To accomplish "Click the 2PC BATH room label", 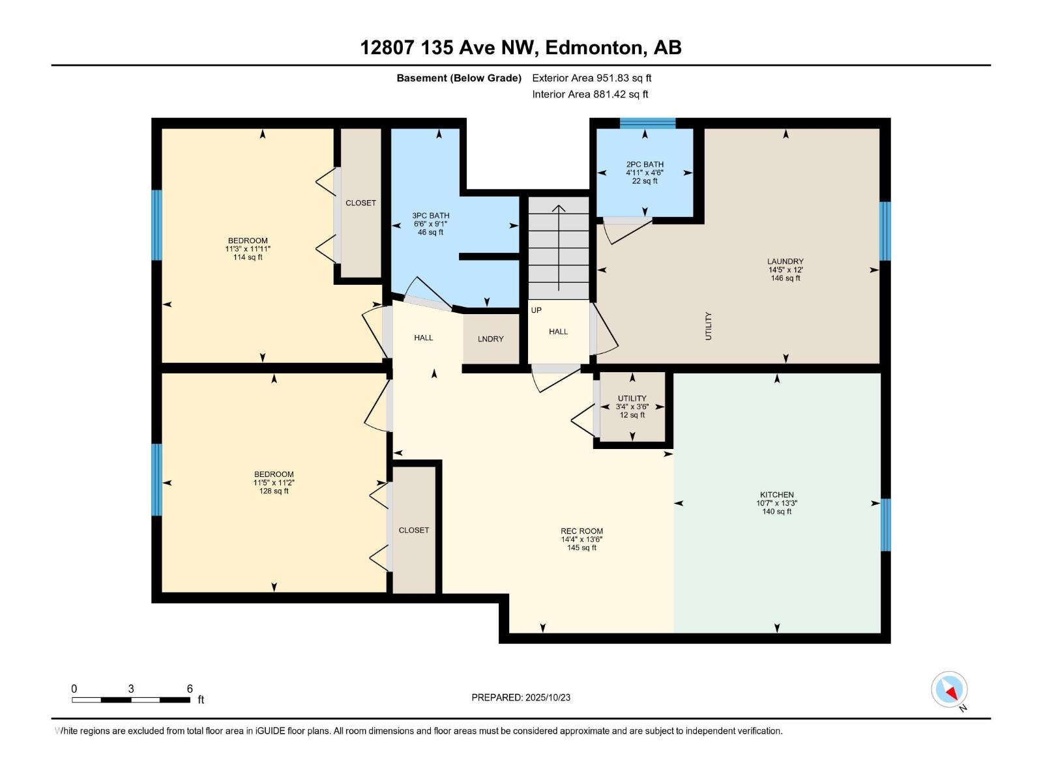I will pos(644,165).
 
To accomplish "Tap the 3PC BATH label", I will pos(430,216).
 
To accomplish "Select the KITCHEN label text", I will pos(776,495).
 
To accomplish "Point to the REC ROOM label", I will pos(581,531).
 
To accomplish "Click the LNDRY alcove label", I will pos(490,339).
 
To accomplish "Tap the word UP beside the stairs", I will pos(536,310).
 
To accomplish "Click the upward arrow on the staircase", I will pos(559,248).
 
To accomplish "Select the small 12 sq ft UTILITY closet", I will pos(632,407).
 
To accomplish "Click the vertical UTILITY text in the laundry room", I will pos(709,326).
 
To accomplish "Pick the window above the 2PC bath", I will pos(647,123).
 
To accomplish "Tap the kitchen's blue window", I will pos(885,525).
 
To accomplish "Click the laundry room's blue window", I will pos(885,231).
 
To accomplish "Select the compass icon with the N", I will pos(950,689).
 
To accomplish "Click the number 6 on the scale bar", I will pos(190,689).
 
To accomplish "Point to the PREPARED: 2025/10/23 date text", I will pos(521,697).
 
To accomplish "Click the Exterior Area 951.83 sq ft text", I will pos(591,78).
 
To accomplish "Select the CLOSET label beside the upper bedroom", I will pos(360,203).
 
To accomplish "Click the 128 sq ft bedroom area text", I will pos(274,491).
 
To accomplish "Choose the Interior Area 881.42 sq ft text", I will pos(590,94).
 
